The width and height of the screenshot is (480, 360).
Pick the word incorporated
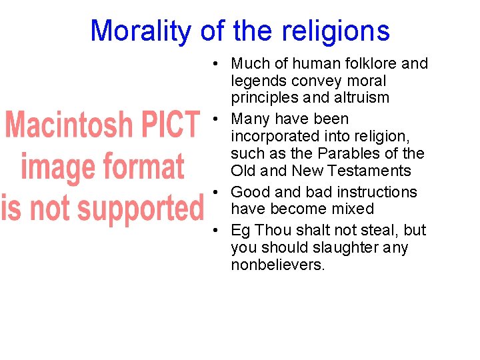(x=275, y=136)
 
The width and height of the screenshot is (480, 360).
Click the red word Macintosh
(x=71, y=125)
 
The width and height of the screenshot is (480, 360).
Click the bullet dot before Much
(x=217, y=65)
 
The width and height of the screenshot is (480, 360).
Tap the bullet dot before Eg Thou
(x=217, y=231)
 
